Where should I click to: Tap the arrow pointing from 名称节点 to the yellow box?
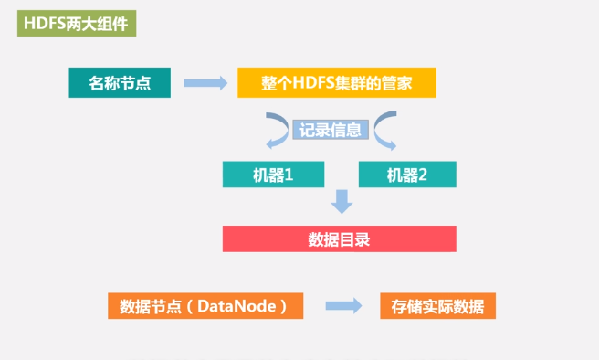coord(205,83)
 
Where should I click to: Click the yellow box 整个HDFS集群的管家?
coord(337,83)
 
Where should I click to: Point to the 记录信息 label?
coord(331,130)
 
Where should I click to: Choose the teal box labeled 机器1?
coord(273,175)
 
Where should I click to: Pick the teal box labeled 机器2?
coord(407,175)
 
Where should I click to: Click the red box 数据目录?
coord(339,239)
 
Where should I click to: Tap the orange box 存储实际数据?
coord(437,306)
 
